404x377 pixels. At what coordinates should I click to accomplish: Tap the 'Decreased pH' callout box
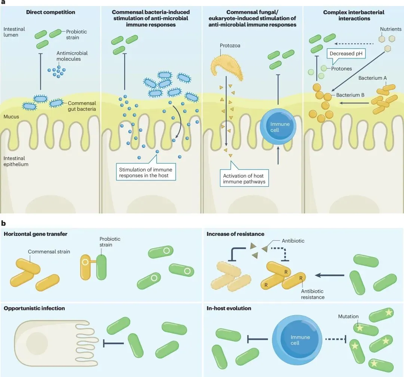[x=346, y=54]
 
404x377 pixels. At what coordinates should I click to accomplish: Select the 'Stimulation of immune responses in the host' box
[x=146, y=172]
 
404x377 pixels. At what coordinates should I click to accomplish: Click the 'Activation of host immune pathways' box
[x=244, y=179]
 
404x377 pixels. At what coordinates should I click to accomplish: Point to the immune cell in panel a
[x=278, y=127]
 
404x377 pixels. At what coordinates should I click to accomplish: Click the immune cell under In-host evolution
[x=297, y=339]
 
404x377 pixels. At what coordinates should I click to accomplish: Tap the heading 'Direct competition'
[x=50, y=12]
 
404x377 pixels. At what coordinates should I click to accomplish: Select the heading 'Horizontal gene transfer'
[x=36, y=234]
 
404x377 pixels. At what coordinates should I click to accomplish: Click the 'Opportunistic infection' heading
[x=34, y=308]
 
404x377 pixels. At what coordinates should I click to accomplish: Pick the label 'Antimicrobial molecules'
[x=72, y=56]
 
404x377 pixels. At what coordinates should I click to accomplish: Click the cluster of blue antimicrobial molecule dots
[x=57, y=71]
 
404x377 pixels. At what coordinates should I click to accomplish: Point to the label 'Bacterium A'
[x=373, y=78]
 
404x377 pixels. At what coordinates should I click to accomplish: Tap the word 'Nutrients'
[x=391, y=29]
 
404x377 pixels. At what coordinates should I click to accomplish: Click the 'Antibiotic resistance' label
[x=312, y=294]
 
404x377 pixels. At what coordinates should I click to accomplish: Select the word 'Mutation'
[x=348, y=316]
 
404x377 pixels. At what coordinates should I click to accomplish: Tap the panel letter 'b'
[x=3, y=223]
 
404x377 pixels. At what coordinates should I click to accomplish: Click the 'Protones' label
[x=342, y=69]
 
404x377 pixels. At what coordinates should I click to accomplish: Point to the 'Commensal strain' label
[x=49, y=252]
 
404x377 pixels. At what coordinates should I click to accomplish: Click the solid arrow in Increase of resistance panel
[x=330, y=276]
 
